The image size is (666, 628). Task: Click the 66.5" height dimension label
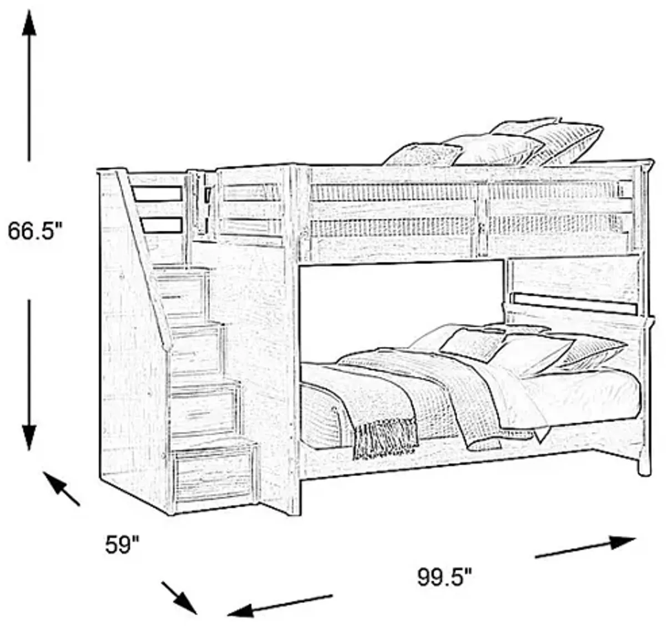pos(35,230)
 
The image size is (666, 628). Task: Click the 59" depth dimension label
pos(122,544)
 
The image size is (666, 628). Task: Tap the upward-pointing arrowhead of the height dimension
pos(29,23)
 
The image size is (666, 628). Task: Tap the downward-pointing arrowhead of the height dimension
pos(29,438)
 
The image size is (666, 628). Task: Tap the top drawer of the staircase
pos(180,291)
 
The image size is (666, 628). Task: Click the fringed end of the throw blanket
pos(385,439)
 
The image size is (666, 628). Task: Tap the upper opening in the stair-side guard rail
pos(157,194)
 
